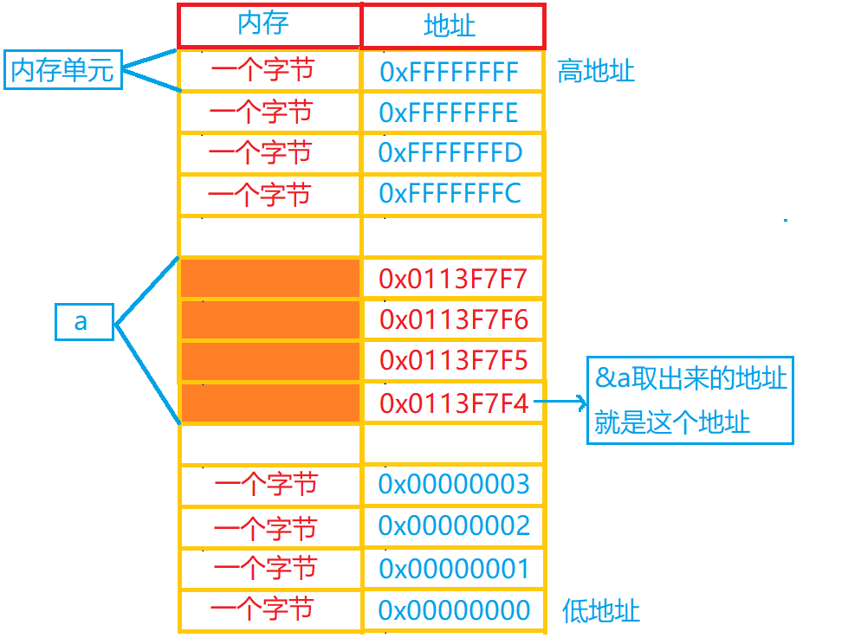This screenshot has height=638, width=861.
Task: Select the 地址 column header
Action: pos(451,25)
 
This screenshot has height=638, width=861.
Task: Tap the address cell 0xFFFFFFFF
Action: pos(449,72)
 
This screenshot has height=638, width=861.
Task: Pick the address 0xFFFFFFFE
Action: pos(449,113)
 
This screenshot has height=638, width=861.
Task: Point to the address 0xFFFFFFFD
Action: pos(450,153)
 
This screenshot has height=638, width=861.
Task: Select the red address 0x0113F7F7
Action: pos(453,280)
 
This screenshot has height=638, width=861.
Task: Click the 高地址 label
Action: pos(596,71)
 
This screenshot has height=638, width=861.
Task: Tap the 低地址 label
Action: pos(601,610)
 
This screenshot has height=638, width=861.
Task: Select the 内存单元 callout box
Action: pos(62,70)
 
